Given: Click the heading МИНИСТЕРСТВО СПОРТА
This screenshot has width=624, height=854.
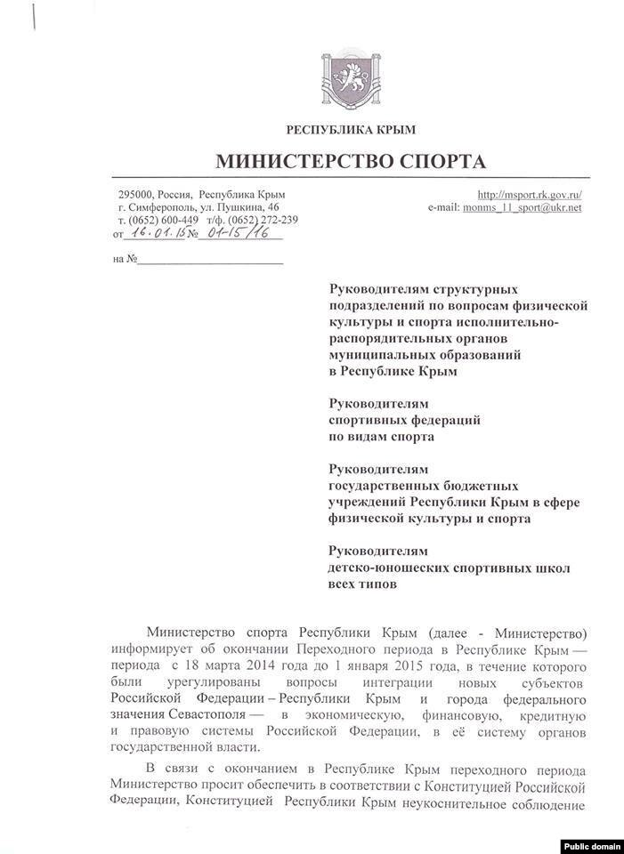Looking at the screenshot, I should click(351, 162).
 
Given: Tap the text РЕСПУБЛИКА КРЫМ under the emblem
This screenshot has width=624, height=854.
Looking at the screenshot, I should click(351, 131).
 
